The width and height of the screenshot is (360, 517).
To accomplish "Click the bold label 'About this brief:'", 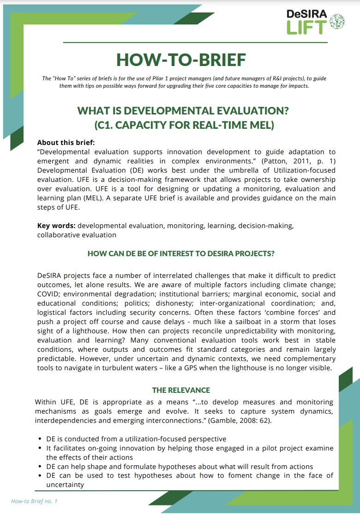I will pos(66,143).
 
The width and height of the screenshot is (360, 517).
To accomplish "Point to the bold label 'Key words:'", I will pos(56,226).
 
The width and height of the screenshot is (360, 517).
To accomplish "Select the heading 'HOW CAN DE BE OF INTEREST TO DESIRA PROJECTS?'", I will pos(181,253).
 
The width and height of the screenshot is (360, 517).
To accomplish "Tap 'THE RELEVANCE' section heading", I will pos(181,390).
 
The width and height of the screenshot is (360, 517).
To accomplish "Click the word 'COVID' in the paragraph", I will pos(48,294).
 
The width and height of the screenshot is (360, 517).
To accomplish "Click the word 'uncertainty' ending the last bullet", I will pos(65,485).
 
